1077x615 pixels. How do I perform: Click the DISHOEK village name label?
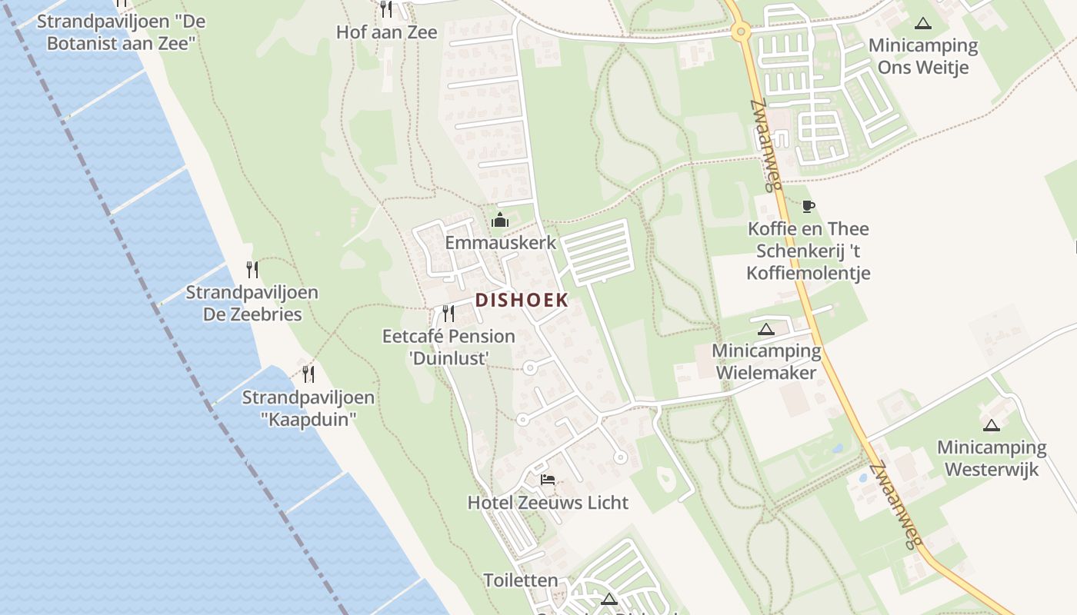(x=522, y=300)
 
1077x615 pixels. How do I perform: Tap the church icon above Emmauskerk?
(x=500, y=221)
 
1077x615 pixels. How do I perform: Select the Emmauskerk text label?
(x=500, y=243)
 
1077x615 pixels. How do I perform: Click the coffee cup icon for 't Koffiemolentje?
(x=808, y=206)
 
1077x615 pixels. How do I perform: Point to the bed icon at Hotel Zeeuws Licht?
(x=548, y=480)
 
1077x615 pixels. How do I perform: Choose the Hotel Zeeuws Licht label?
(x=548, y=503)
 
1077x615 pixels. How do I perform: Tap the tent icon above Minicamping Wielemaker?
(x=765, y=330)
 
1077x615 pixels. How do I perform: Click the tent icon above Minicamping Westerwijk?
(x=992, y=425)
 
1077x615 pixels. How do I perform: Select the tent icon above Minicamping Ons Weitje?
(x=923, y=23)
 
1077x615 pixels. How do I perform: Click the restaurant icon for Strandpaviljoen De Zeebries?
(x=252, y=269)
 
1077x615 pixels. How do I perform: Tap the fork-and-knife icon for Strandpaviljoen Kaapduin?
(x=308, y=374)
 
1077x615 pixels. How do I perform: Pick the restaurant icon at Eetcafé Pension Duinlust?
(x=448, y=313)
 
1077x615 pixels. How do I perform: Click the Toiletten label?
(x=521, y=580)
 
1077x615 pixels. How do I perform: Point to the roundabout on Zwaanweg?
(x=741, y=32)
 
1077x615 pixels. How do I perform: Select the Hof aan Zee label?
(x=386, y=32)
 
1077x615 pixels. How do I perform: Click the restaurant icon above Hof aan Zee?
(x=386, y=8)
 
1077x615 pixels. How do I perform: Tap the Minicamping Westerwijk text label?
(x=992, y=458)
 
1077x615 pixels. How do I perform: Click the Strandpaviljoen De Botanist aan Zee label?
(x=121, y=32)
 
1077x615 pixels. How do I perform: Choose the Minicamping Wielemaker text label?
(x=766, y=362)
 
